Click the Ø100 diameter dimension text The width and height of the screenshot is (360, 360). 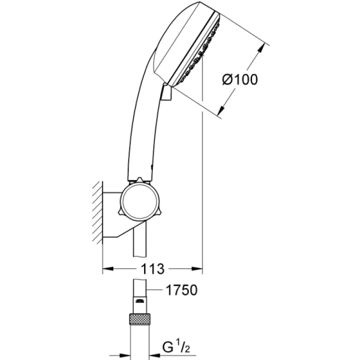(x=242, y=80)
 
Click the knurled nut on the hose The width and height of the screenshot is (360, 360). (x=139, y=317)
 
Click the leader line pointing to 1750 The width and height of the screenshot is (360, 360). (x=155, y=291)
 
